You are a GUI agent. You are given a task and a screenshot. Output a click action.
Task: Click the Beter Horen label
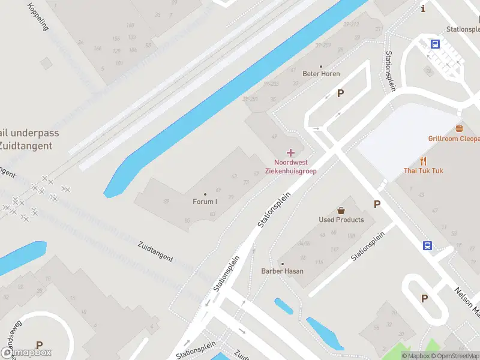pos(321,74)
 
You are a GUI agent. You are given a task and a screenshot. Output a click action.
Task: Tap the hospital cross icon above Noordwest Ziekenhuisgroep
pos(291,153)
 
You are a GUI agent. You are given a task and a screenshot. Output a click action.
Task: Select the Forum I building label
pos(205,202)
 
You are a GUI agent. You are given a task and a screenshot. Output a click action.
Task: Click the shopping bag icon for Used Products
pos(341,211)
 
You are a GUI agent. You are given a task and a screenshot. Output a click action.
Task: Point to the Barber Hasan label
pos(282,271)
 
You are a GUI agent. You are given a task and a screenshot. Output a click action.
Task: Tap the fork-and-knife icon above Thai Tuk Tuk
pos(423,161)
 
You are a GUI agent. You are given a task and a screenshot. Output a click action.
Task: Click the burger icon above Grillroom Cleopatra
pos(460,128)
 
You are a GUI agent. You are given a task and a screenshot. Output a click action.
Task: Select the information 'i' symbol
pos(424,8)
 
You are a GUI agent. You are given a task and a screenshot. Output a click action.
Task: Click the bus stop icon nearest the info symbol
pos(435,43)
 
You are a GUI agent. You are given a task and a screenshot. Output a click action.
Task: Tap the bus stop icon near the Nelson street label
pos(427,245)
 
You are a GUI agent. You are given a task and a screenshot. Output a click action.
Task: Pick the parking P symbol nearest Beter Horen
pos(341,93)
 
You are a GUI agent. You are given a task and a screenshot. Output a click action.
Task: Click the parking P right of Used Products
pos(377,205)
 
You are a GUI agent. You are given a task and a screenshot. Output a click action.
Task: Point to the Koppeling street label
pos(38,16)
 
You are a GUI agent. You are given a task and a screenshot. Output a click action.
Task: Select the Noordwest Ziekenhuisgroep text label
pos(295,166)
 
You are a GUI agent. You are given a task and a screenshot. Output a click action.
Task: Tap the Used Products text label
pos(341,220)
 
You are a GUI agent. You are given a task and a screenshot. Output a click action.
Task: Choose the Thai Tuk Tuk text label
pos(423,171)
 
